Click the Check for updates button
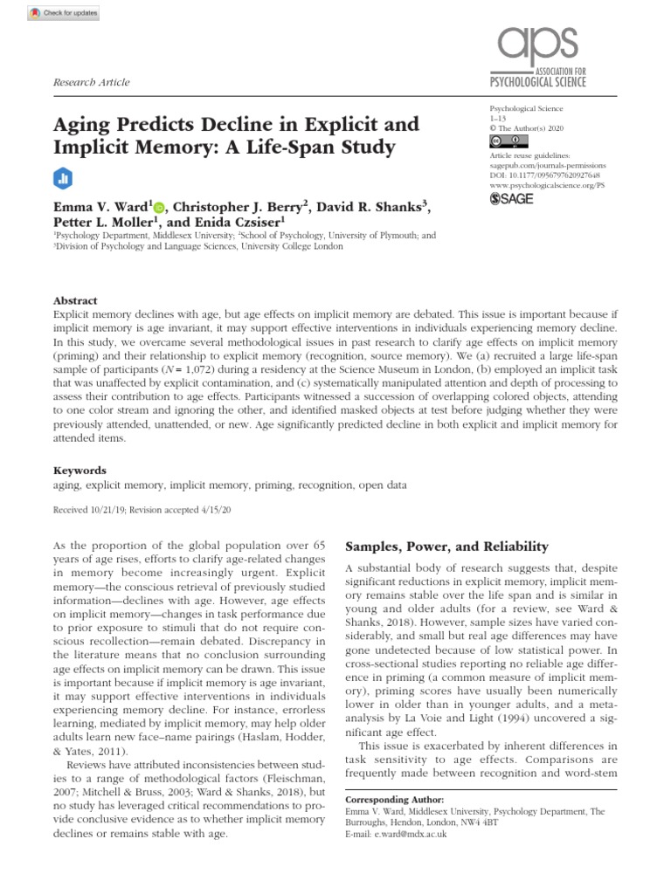[x=66, y=14]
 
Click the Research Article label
[x=92, y=82]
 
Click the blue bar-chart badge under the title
[x=62, y=176]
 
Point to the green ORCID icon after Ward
[x=159, y=209]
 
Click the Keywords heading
[x=80, y=469]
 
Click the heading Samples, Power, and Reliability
[x=446, y=547]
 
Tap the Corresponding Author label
[x=395, y=800]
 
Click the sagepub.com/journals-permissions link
[x=548, y=163]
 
